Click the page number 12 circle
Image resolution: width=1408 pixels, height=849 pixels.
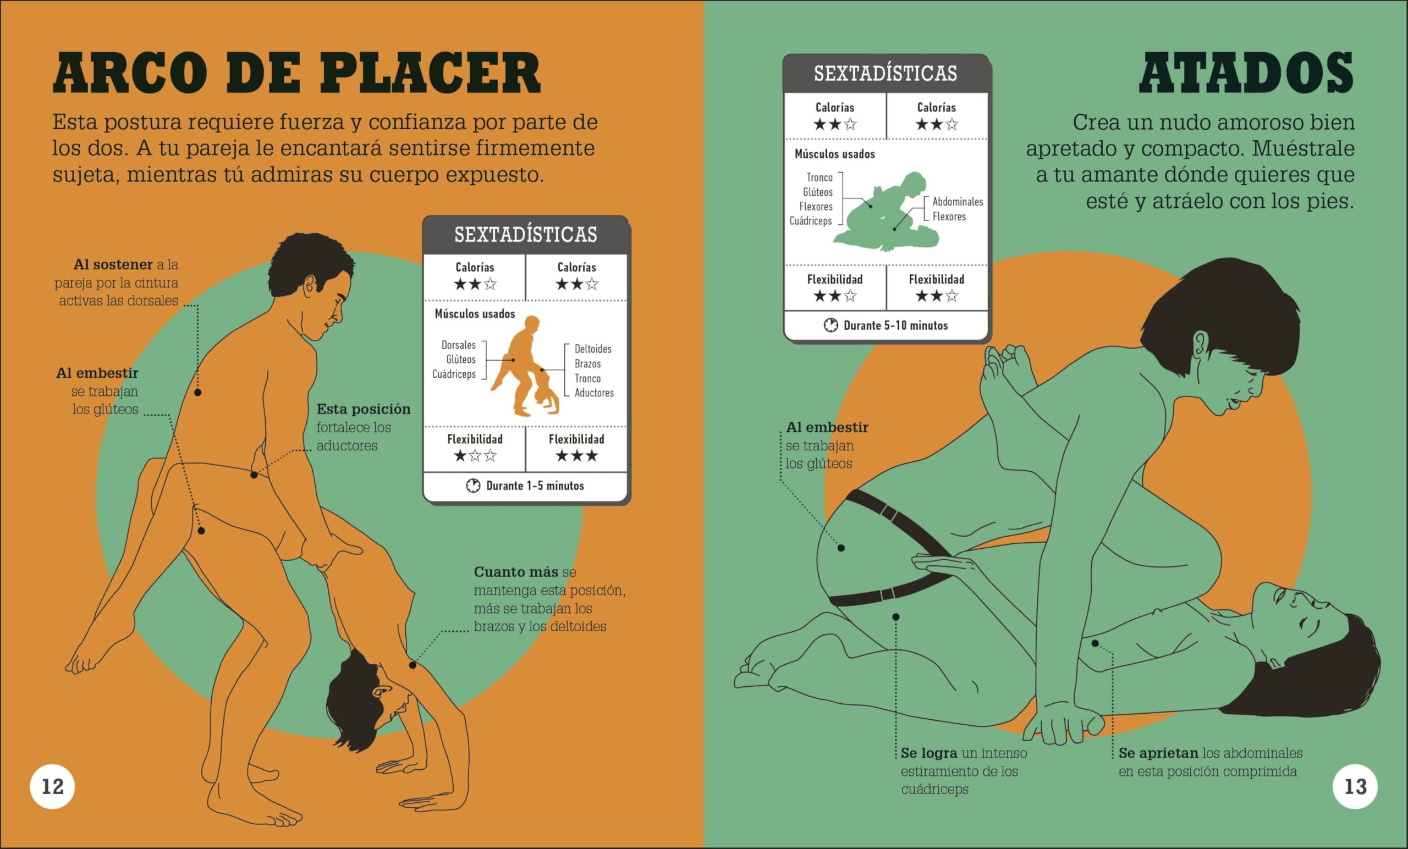tap(53, 787)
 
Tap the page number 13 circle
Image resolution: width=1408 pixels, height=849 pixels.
tap(1355, 787)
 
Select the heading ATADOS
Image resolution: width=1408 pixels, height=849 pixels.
tap(1246, 74)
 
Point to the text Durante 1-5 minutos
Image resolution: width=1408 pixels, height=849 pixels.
tap(535, 486)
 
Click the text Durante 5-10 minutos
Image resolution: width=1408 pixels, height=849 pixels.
tap(895, 326)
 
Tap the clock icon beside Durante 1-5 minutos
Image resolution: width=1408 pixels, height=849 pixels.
tap(473, 486)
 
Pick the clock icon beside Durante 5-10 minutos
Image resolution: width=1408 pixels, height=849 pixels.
tap(831, 326)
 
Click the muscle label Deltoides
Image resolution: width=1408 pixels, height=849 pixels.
tap(592, 349)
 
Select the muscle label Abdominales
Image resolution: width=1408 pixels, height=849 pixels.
tap(958, 202)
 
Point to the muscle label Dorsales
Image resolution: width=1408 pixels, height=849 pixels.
tap(458, 345)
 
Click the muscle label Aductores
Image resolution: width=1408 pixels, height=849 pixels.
tap(593, 393)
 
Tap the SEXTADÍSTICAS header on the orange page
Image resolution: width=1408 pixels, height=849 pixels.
tap(525, 235)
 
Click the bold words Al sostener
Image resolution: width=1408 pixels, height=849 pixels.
tap(113, 264)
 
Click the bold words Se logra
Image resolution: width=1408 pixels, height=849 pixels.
tap(928, 753)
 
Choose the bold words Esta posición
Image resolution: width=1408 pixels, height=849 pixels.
tap(364, 409)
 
